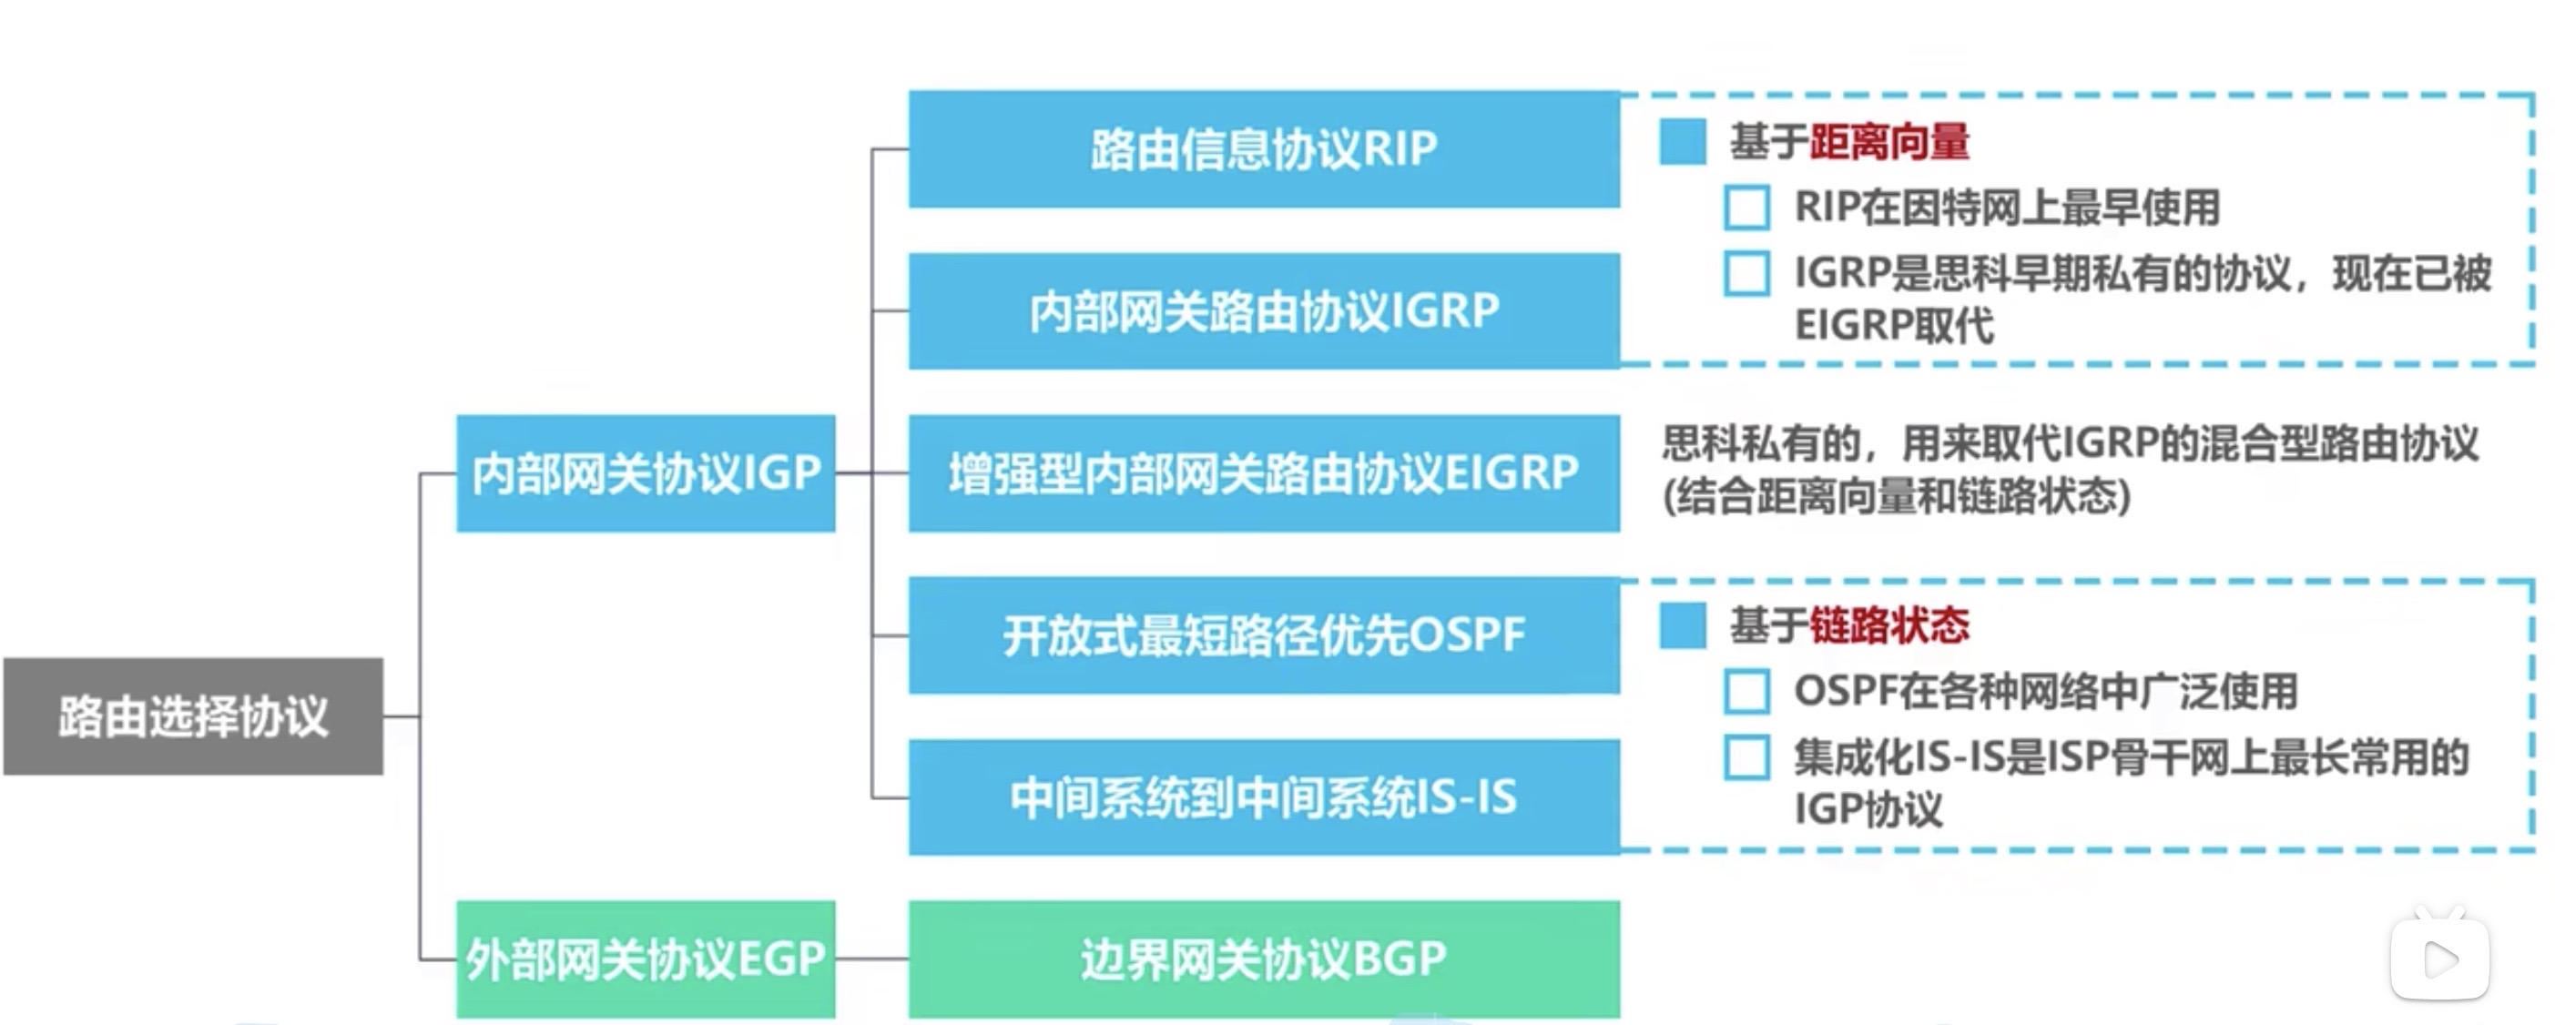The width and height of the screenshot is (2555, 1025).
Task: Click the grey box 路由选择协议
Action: pyautogui.click(x=193, y=715)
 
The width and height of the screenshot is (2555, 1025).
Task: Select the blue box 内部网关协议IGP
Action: pyautogui.click(x=646, y=472)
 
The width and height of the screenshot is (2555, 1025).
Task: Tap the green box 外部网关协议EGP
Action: pyautogui.click(x=646, y=959)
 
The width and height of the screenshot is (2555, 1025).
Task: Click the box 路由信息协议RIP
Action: pyautogui.click(x=1264, y=148)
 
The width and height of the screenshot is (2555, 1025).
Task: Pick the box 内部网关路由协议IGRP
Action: pyautogui.click(x=1264, y=311)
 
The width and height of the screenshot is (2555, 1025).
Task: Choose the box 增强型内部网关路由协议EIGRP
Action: pyautogui.click(x=1264, y=472)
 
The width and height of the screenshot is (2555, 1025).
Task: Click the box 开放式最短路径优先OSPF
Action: pyautogui.click(x=1264, y=635)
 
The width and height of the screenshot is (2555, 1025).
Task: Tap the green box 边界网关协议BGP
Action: pyautogui.click(x=1264, y=959)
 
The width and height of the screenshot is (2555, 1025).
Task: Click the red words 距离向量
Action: pyautogui.click(x=1889, y=142)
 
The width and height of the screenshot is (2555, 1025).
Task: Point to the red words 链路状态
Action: pyautogui.click(x=1889, y=625)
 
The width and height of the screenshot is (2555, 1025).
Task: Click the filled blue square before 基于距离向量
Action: pyautogui.click(x=1682, y=142)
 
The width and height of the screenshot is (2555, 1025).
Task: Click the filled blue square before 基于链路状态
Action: pyautogui.click(x=1682, y=625)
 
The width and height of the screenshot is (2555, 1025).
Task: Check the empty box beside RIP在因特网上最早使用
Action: pyautogui.click(x=1746, y=208)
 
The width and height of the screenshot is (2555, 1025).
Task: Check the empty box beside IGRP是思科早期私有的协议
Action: pyautogui.click(x=1746, y=274)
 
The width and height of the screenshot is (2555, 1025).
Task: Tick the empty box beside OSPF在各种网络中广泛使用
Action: pyautogui.click(x=1746, y=691)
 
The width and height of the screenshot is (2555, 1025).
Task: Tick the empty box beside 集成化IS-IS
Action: pyautogui.click(x=1746, y=757)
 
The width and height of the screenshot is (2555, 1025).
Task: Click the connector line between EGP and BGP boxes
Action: pyautogui.click(x=871, y=959)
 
